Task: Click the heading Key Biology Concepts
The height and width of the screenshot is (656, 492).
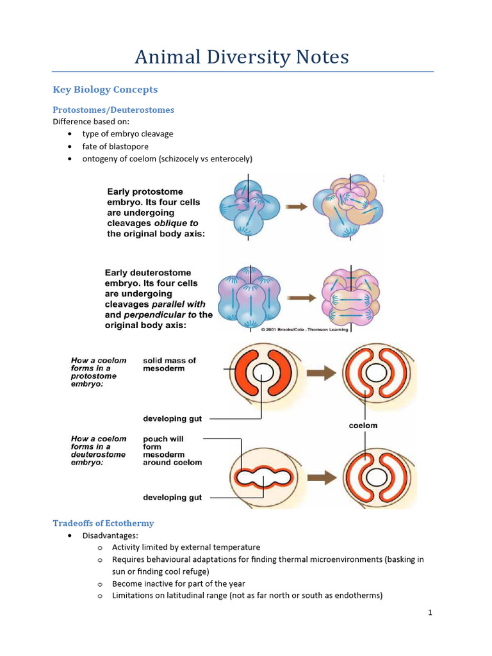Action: (105, 90)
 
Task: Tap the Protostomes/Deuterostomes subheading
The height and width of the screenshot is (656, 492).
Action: (113, 110)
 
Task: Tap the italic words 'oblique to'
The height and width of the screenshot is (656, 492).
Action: (176, 223)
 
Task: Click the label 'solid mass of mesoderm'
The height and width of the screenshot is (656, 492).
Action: (169, 365)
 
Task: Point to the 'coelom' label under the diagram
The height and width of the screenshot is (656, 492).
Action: (364, 425)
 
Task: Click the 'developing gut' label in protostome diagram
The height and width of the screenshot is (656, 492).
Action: (172, 418)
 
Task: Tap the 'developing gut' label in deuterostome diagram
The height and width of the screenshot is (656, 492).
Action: (172, 497)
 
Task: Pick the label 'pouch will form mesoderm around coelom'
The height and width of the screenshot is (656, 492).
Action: (172, 450)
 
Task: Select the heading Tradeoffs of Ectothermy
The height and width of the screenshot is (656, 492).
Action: (103, 523)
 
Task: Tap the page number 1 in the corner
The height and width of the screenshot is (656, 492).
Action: (430, 612)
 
